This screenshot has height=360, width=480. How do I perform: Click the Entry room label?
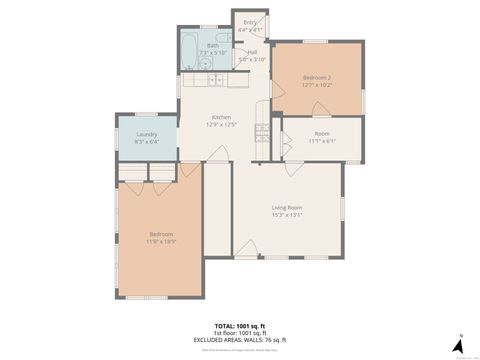(249, 22)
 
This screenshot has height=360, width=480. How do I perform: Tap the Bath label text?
(213, 45)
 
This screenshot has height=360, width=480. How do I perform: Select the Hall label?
(252, 53)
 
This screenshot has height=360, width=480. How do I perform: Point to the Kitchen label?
(221, 117)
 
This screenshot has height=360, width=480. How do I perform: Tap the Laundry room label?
(146, 135)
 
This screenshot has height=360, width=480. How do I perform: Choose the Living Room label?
(286, 207)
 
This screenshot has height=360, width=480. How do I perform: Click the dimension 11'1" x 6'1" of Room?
(321, 141)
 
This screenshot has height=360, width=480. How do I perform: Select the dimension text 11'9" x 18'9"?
(161, 241)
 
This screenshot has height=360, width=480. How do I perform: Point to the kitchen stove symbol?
(262, 130)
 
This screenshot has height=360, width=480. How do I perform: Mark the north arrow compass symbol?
(460, 346)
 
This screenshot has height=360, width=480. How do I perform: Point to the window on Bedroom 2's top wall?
(315, 41)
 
